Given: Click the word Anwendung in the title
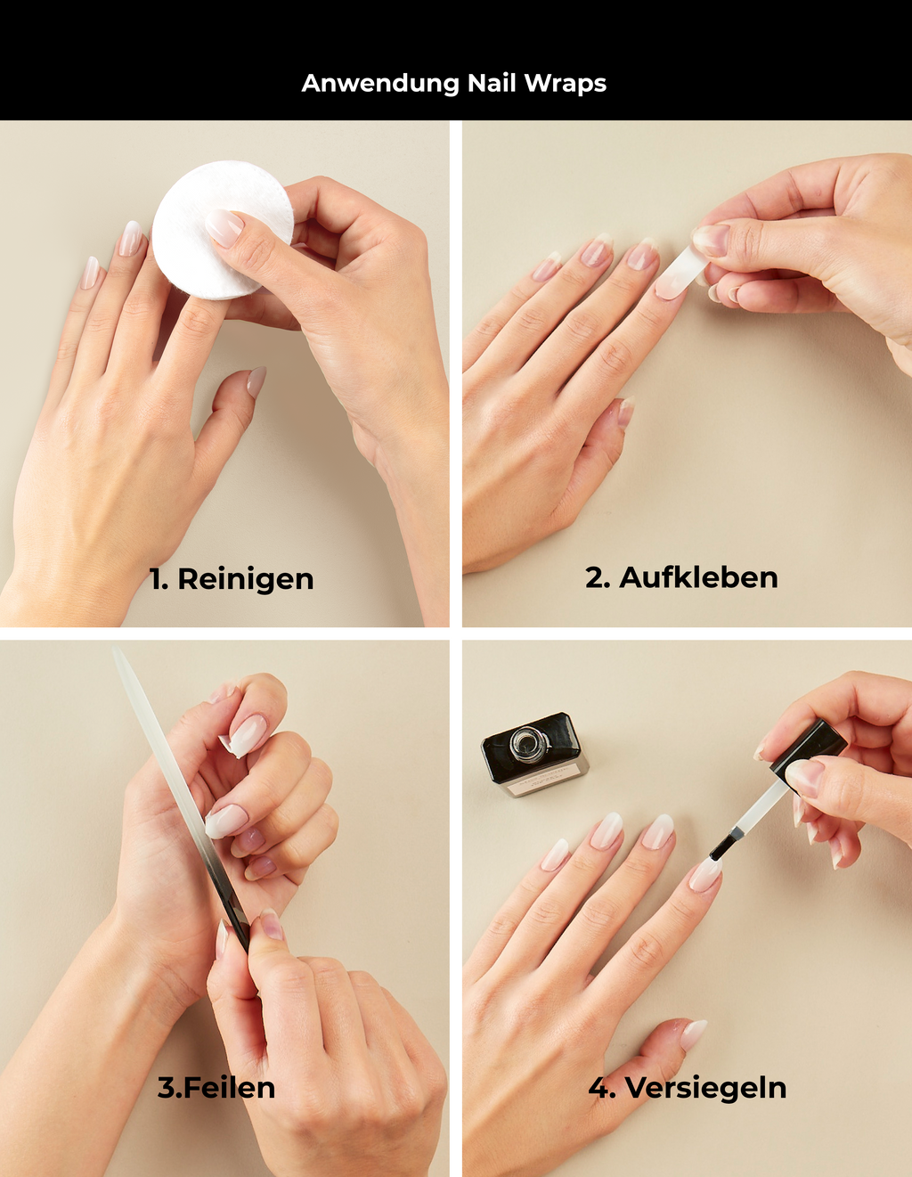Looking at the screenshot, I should pos(380,84).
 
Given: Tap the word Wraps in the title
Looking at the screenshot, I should pos(565,84).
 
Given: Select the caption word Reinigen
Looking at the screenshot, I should pos(246,579).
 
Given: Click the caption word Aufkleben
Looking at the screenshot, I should pos(698,577).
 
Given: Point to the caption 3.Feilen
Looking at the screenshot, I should pos(216,1088).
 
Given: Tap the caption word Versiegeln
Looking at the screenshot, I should pos(705,1088).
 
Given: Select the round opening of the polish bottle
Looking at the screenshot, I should pos(525,742).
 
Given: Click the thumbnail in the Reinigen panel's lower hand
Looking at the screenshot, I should pos(256,380).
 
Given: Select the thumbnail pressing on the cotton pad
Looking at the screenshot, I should pos(224,227).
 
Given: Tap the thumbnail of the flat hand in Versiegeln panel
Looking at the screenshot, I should pos(694,1033).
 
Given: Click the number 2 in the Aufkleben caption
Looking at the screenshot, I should pos(597,577).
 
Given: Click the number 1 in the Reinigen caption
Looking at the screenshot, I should pos(158,579).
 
